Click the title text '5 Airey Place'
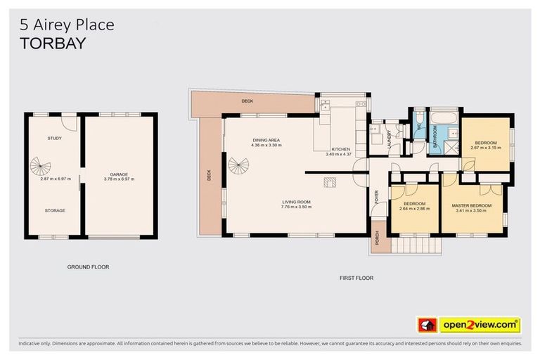click(67, 25)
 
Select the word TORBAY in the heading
click(53, 43)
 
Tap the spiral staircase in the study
click(40, 167)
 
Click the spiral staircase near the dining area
click(238, 167)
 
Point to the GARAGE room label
click(118, 174)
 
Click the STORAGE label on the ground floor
click(55, 210)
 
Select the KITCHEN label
click(340, 149)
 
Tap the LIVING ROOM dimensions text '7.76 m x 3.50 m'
click(295, 207)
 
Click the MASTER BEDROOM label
click(471, 205)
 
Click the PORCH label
click(376, 240)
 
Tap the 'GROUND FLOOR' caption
click(88, 267)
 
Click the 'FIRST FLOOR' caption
click(356, 278)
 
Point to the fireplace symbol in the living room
click(330, 182)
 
